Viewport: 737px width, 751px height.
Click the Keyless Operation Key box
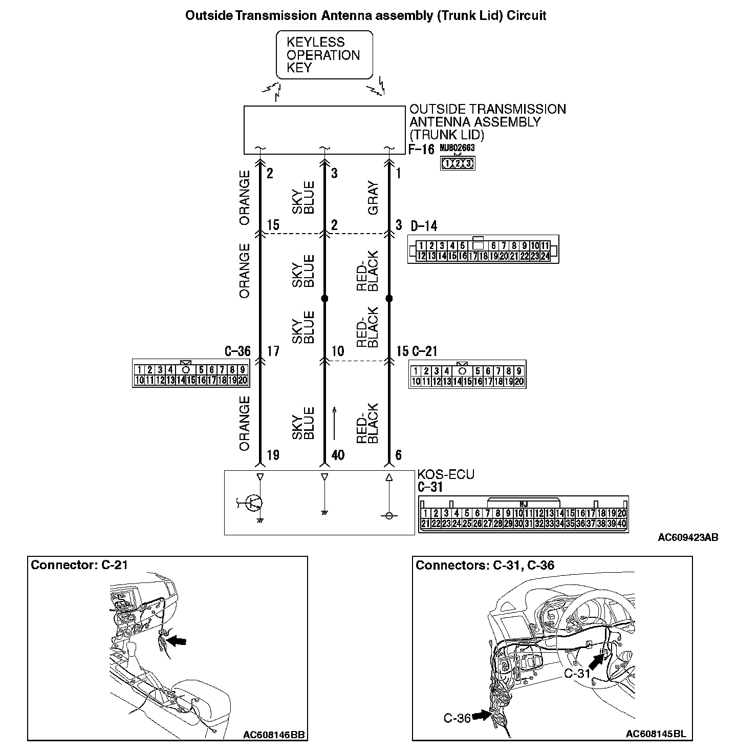click(x=324, y=55)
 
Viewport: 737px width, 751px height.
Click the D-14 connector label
click(x=424, y=226)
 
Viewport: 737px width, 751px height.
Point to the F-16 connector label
click(x=421, y=150)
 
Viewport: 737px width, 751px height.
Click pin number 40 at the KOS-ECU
click(x=338, y=455)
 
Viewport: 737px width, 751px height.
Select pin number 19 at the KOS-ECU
click(x=273, y=455)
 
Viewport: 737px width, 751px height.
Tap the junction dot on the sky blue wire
click(x=324, y=298)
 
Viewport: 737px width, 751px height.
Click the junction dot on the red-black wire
click(x=388, y=298)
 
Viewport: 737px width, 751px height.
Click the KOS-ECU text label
click(x=446, y=474)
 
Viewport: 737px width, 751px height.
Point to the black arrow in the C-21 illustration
click(x=177, y=640)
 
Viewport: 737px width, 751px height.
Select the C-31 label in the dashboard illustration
click(x=577, y=673)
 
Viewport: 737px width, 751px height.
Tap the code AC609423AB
click(x=688, y=537)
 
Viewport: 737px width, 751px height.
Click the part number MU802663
click(x=457, y=148)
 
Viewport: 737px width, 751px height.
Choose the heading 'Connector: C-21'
click(x=79, y=565)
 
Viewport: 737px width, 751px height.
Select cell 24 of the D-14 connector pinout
click(x=545, y=256)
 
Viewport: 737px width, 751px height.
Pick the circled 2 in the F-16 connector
click(x=458, y=164)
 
